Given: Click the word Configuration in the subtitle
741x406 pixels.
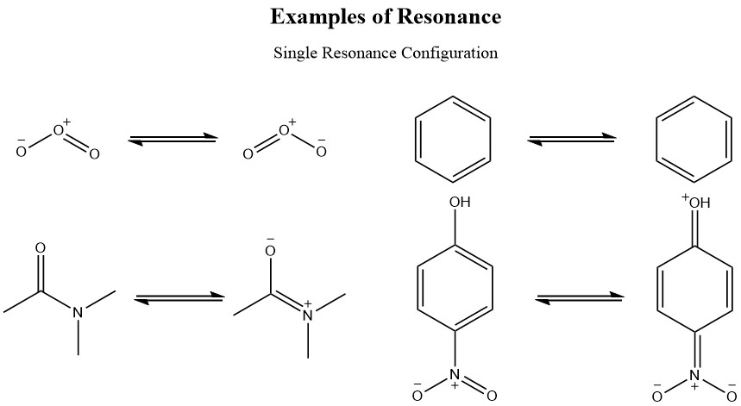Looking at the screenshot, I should pos(449,53).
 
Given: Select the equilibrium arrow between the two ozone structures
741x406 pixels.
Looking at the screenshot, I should pos(172,138).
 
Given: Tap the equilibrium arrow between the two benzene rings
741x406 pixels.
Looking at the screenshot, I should pos(571,138).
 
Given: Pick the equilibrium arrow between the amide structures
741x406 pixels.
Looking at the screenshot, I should pos(179,298).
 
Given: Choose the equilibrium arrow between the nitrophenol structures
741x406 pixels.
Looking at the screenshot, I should pos(580,298).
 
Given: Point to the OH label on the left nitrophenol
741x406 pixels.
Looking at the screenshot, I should pos(459,203).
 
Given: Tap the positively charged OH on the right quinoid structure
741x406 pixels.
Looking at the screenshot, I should pos(697,203).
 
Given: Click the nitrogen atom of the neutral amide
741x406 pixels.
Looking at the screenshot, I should pos(78,313).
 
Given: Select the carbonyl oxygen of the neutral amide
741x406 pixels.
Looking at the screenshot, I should pos(40,249).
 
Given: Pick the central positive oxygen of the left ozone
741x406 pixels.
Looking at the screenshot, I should pos(58,131).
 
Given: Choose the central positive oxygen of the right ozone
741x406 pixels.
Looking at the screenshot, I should pos(284,131).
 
